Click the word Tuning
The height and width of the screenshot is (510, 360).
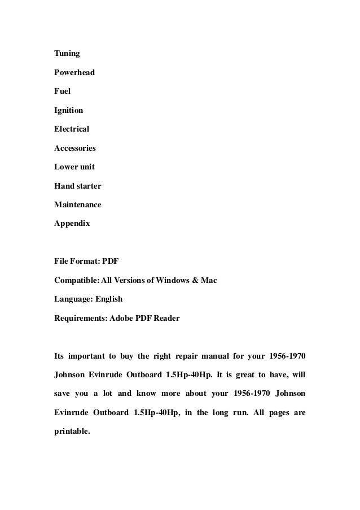click(67, 54)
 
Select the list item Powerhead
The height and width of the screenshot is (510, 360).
click(74, 73)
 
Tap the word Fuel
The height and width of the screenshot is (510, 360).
click(62, 91)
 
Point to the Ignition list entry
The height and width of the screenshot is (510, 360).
click(69, 111)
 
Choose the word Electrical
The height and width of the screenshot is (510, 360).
click(72, 129)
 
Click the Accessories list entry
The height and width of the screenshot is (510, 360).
click(75, 149)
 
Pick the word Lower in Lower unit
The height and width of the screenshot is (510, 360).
click(64, 167)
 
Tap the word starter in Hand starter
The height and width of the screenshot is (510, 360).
click(87, 186)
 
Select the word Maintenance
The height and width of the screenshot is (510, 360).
click(78, 204)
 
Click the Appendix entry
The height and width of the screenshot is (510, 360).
click(72, 224)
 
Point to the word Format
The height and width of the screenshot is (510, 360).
click(85, 261)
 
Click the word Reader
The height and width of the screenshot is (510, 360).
click(166, 318)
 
